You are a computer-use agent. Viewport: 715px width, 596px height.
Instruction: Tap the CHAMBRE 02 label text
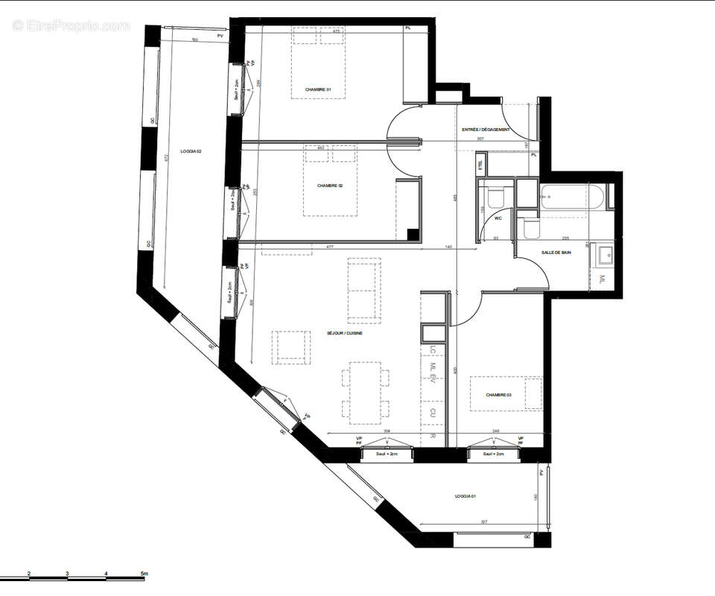click(329, 186)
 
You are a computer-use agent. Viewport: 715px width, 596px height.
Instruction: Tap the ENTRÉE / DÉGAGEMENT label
click(486, 130)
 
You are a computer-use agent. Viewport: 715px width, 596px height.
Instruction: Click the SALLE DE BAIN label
click(556, 253)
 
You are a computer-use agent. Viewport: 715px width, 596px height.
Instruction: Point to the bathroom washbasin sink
click(603, 256)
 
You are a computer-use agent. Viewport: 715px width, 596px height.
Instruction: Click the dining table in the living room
click(365, 390)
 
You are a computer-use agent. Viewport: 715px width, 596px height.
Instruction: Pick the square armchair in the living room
click(290, 347)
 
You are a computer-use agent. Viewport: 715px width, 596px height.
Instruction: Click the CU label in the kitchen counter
click(432, 411)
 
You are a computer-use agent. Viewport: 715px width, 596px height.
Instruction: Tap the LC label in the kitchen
click(432, 351)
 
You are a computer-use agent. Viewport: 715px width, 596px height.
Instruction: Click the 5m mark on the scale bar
click(145, 574)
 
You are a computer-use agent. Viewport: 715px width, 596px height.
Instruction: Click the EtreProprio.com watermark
click(71, 26)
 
